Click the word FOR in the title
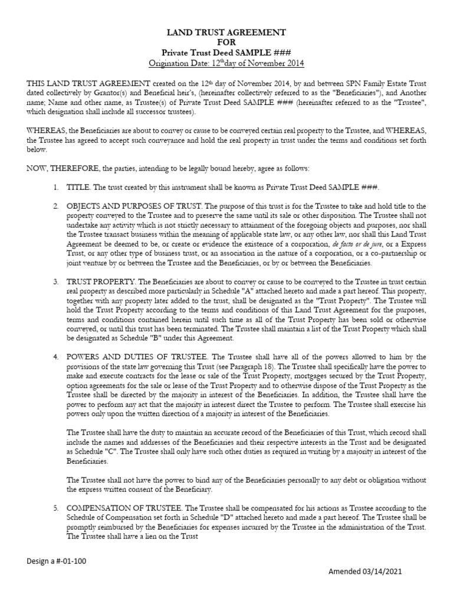tap(226, 42)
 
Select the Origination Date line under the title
tap(226, 63)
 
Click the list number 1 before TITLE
tap(54, 187)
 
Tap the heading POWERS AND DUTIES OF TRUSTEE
tap(134, 357)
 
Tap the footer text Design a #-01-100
tap(57, 561)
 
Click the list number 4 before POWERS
tap(54, 357)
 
